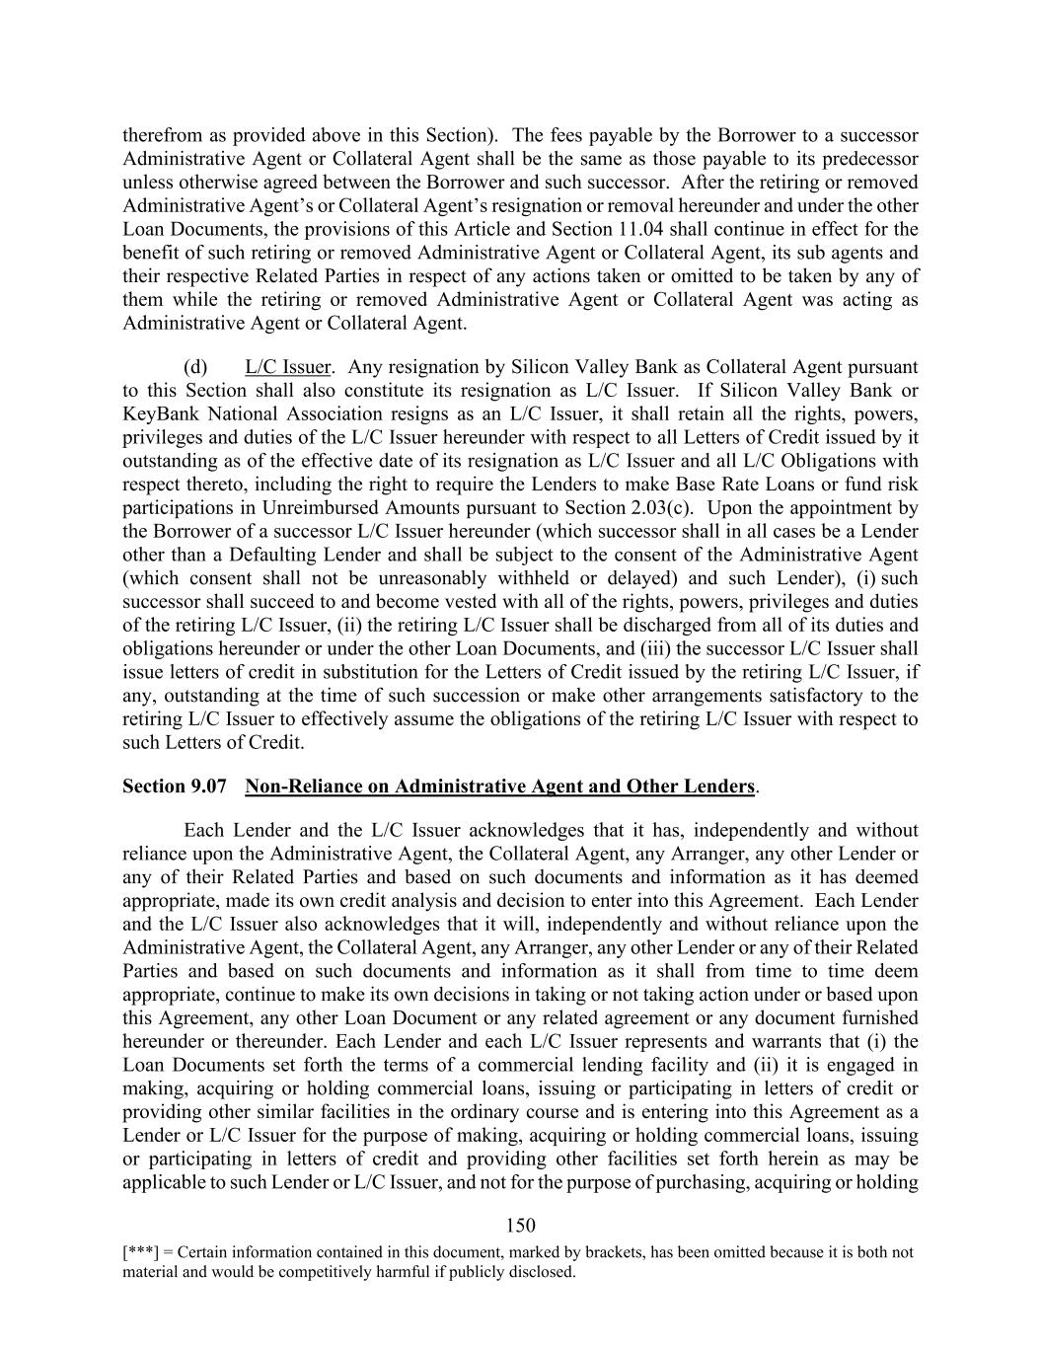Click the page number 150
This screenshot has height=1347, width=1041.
coord(520,1226)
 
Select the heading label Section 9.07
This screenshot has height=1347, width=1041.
coord(175,786)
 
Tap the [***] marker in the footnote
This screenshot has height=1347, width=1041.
coord(137,1252)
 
